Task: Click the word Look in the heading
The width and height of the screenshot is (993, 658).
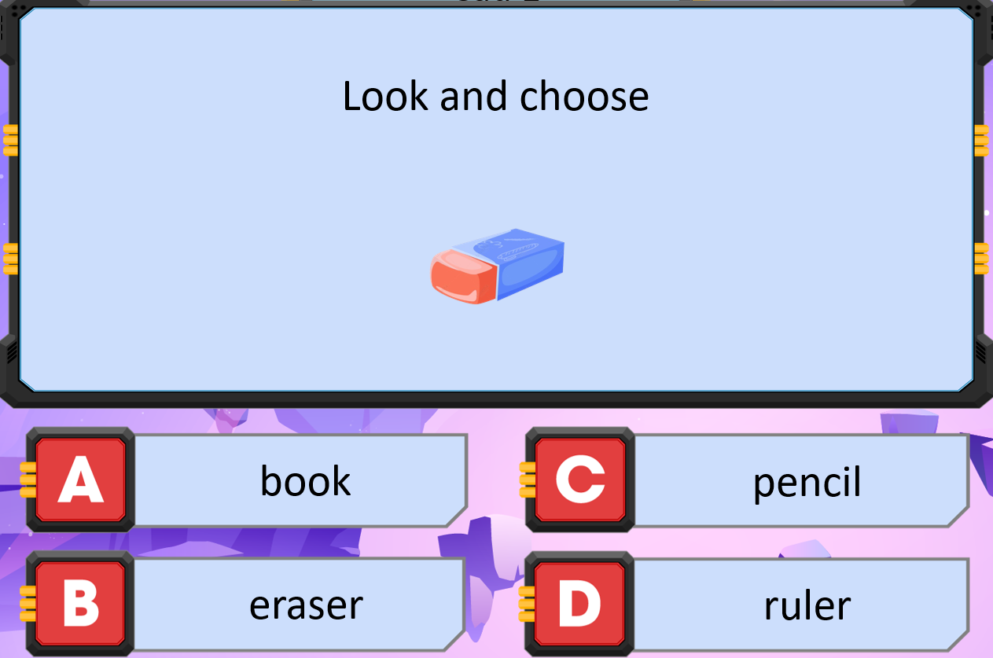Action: [386, 96]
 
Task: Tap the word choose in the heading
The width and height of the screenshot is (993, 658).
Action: [584, 96]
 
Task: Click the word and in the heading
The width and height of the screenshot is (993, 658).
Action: [473, 96]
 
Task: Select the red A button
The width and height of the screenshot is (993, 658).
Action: [81, 480]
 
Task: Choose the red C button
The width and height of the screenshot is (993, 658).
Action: [580, 480]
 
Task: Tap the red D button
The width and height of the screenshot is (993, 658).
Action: [579, 604]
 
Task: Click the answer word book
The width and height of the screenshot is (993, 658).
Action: [305, 480]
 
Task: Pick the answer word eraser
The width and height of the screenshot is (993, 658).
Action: [307, 605]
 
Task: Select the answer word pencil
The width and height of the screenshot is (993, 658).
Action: [807, 483]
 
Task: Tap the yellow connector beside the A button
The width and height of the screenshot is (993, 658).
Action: [28, 480]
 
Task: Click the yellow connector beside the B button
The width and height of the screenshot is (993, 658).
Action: [28, 604]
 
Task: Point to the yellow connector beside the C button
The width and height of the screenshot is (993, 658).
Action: [528, 480]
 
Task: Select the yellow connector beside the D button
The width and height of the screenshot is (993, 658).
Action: [527, 604]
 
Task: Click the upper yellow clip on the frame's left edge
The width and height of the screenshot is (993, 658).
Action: [11, 141]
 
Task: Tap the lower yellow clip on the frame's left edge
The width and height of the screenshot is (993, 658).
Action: [11, 259]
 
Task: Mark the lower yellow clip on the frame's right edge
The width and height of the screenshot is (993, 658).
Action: [981, 259]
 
